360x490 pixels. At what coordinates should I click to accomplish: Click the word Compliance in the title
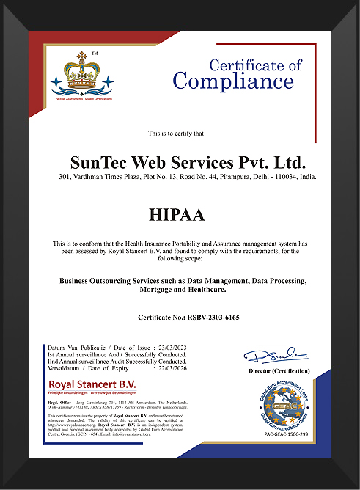point(232,80)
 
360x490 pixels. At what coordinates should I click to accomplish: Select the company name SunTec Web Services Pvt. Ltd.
point(187,161)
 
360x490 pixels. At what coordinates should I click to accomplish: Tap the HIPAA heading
point(179,215)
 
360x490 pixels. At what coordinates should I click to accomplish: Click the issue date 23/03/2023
point(171,348)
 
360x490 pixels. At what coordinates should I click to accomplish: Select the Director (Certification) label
point(279,372)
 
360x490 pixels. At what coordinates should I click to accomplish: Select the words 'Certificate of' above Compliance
point(255,65)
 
